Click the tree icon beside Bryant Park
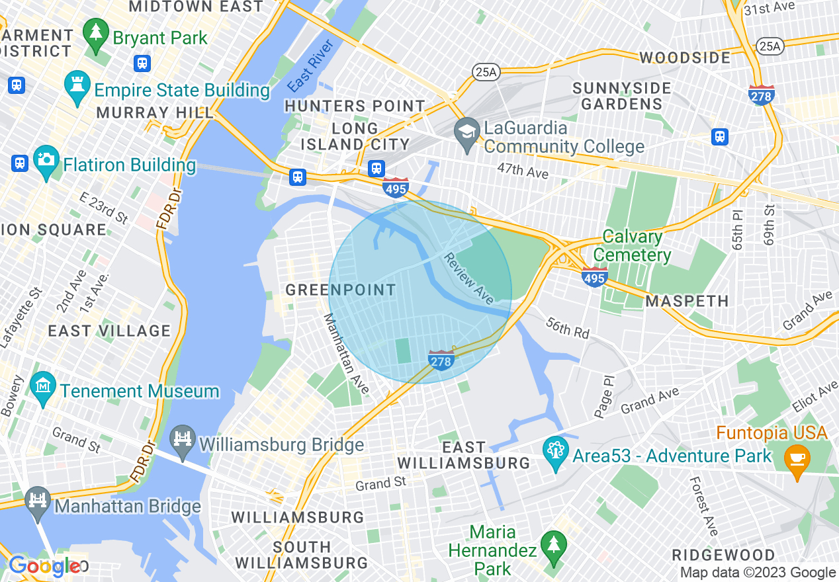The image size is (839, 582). coord(97,37)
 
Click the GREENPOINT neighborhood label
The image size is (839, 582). coord(341,290)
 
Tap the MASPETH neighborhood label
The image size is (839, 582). coord(687,301)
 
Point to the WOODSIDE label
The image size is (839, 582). coord(685,58)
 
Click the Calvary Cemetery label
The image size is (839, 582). coord(632,245)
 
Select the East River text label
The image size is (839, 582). coord(310,66)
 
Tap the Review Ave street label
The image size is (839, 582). coord(468,278)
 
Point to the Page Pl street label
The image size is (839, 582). coord(604,396)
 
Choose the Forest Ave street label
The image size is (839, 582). coord(703,506)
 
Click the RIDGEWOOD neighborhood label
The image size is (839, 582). coord(723,554)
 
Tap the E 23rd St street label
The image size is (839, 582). coord(104,208)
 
